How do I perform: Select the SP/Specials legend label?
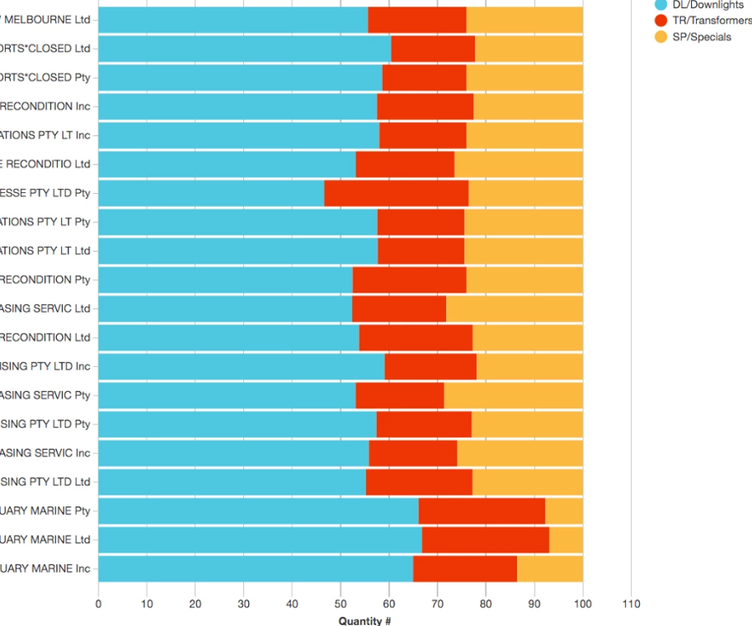tap(701, 37)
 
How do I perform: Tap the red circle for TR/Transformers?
tap(661, 21)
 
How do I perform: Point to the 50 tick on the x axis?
tap(340, 603)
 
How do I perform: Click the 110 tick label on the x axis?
tap(631, 603)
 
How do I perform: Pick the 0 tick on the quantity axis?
tap(99, 603)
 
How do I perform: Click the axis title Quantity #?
tap(365, 620)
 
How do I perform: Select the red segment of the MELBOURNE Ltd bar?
tap(417, 19)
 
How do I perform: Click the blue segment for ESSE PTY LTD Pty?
tap(211, 193)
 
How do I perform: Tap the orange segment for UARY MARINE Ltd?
tap(566, 540)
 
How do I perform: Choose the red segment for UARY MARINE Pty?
tap(481, 511)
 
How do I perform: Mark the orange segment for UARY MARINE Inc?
tap(550, 569)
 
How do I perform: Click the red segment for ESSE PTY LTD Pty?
tap(396, 193)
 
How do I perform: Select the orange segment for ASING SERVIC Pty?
tap(513, 395)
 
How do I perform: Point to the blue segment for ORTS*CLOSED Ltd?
tap(245, 48)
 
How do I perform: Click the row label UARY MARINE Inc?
tap(45, 569)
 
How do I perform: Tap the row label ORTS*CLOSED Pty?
tap(45, 78)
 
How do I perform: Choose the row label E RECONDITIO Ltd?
tap(45, 165)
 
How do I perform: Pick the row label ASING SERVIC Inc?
tap(45, 453)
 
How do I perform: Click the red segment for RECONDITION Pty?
tap(409, 280)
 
